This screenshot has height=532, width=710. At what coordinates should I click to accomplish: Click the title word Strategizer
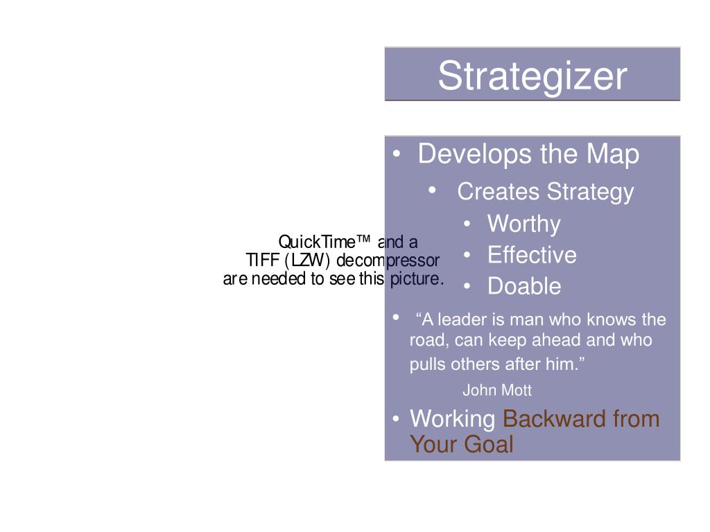pos(532,76)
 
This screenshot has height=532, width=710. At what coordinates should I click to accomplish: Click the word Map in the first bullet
pos(613,154)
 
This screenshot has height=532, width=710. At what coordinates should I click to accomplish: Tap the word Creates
pos(498,192)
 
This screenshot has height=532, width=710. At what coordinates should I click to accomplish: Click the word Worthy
pos(523,224)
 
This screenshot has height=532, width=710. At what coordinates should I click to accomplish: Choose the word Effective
pos(532,255)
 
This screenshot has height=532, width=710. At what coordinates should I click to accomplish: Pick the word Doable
pos(524,286)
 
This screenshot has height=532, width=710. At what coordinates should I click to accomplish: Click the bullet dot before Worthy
pos(469,224)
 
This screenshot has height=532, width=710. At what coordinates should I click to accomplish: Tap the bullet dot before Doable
pos(469,286)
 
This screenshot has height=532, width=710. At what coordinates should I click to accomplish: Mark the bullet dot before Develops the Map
pos(396,154)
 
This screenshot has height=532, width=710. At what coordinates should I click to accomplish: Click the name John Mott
pos(497,391)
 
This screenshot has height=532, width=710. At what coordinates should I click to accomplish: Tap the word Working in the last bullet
pos(452,419)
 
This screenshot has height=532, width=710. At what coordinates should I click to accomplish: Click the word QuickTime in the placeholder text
pos(316,242)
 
